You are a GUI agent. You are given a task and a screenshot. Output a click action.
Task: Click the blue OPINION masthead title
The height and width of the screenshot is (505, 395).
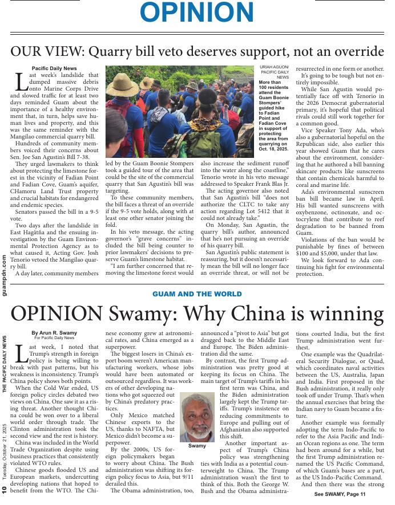(x=197, y=13)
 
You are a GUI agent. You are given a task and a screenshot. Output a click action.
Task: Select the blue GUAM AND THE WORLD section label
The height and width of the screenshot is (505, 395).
(x=197, y=294)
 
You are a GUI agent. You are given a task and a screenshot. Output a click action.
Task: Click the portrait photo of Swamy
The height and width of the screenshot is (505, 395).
(x=197, y=416)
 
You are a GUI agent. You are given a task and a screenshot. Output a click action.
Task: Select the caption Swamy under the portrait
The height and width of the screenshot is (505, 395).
(x=197, y=446)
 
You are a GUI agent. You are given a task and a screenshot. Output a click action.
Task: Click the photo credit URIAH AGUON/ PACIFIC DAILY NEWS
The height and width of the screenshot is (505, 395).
(x=274, y=72)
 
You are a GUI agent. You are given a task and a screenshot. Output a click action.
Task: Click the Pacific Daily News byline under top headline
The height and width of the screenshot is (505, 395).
(x=54, y=68)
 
